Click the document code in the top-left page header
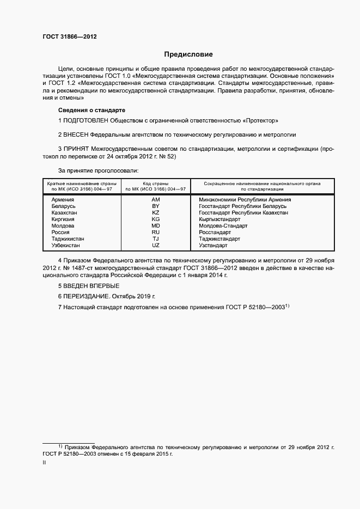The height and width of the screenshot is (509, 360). [x=70, y=37]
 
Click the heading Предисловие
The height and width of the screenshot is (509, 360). [x=188, y=54]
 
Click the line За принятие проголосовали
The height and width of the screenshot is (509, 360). [x=92, y=170]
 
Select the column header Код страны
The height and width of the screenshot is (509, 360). [x=155, y=184]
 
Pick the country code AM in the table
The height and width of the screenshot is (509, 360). [x=155, y=200]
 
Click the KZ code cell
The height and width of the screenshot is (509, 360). [x=155, y=213]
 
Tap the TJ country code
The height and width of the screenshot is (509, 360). [x=155, y=239]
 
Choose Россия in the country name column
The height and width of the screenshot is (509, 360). [x=60, y=232]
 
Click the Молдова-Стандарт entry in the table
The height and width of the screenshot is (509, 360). [x=223, y=226]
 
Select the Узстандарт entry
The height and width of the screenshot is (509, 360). [x=213, y=246]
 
